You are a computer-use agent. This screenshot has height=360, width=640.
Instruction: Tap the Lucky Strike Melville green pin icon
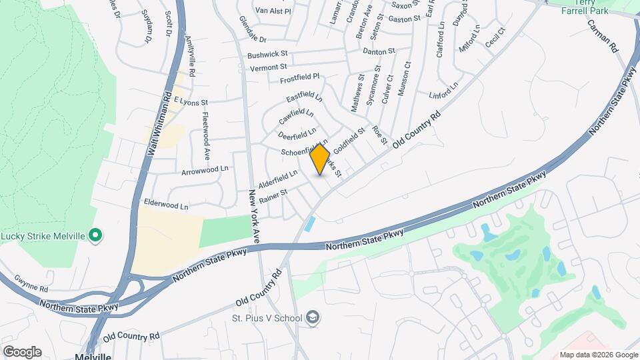coord(95,235)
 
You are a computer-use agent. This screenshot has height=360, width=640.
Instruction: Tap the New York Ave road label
coord(254,215)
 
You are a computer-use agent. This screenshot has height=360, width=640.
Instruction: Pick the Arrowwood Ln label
coord(205,171)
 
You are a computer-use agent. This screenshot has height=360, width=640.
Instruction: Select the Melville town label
coord(93,357)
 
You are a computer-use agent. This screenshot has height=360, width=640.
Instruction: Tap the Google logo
coord(21,352)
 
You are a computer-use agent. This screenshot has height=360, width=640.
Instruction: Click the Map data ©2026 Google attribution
coord(597,355)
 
